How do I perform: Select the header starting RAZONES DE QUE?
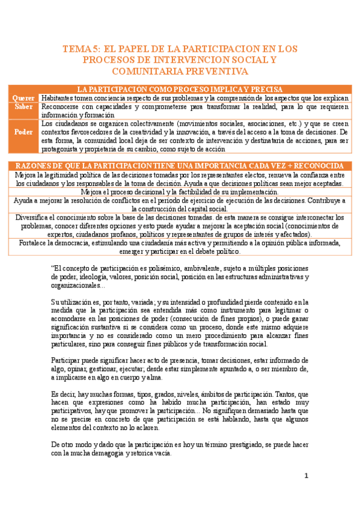click(x=180, y=165)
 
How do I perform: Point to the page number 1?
click(x=306, y=476)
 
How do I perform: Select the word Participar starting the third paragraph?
click(x=69, y=360)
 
